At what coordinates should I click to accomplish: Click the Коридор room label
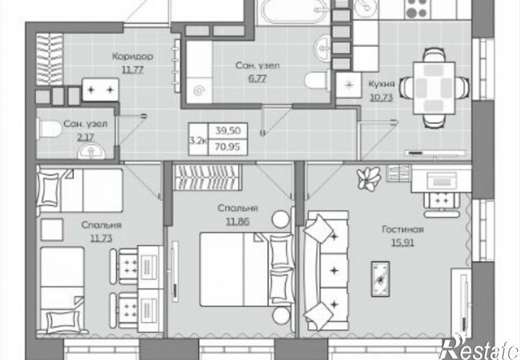(x=133, y=56)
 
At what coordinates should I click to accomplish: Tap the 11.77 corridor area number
(x=133, y=70)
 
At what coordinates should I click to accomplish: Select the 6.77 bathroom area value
(x=257, y=79)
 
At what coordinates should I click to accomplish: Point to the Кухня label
(x=382, y=84)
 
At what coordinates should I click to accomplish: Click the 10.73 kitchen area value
(x=382, y=98)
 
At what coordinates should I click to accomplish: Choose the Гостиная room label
(x=403, y=229)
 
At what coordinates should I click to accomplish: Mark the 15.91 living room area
(x=403, y=243)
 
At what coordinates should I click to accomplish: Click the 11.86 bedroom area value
(x=238, y=222)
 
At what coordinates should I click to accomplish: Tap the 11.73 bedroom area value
(x=101, y=238)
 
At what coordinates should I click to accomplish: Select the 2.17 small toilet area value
(x=85, y=137)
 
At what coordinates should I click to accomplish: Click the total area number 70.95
(x=227, y=146)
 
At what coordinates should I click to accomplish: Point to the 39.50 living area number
(x=227, y=131)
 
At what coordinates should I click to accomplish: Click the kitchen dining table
(x=434, y=88)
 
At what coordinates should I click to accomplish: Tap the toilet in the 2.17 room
(x=50, y=128)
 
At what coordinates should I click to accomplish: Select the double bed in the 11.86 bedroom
(x=247, y=269)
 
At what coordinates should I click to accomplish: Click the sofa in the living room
(x=326, y=271)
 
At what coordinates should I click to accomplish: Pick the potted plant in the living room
(x=369, y=178)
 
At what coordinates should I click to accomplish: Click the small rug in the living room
(x=380, y=279)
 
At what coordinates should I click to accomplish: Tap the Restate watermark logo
(x=479, y=348)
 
